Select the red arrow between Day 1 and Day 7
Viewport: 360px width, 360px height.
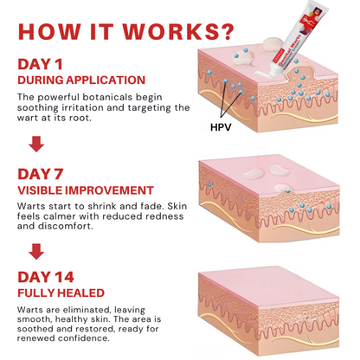(35, 143)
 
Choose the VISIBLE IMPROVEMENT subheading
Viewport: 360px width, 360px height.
(86, 190)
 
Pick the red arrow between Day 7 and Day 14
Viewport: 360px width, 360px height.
(35, 252)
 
